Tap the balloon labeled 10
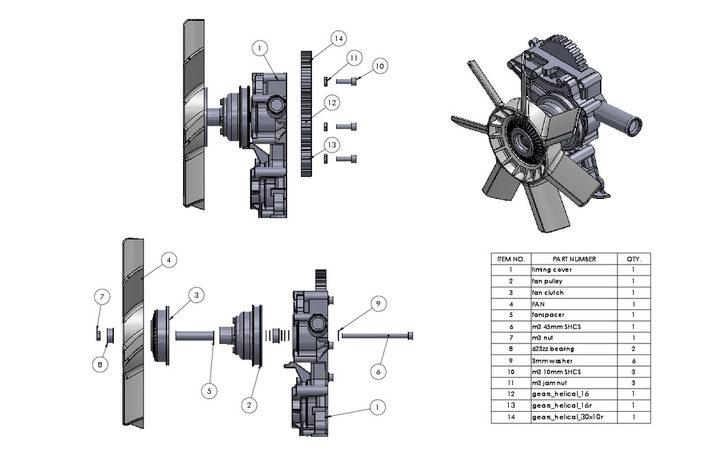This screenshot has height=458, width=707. (379, 66)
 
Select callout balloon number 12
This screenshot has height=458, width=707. (332, 102)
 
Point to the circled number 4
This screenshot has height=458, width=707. (169, 260)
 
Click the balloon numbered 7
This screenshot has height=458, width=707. (101, 297)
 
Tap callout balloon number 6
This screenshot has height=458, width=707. (378, 371)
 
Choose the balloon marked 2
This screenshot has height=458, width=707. (246, 405)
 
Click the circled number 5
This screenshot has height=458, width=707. (211, 390)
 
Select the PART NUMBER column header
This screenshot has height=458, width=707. (574, 259)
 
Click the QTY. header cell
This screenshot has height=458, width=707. (633, 259)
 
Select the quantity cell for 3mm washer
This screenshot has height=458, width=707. (633, 361)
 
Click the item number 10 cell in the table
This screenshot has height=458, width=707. (510, 372)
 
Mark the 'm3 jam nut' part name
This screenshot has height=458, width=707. (550, 383)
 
